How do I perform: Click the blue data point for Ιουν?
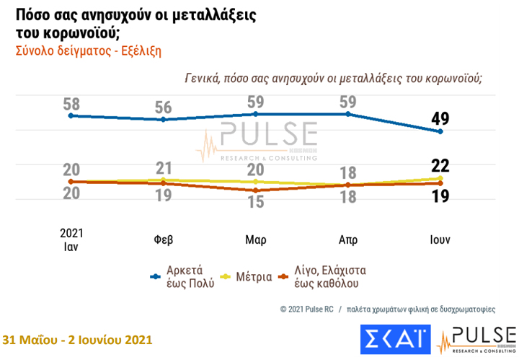(x=440, y=131)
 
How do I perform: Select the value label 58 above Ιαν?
(x=71, y=105)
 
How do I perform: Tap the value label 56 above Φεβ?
(x=163, y=108)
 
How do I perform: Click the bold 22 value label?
(x=440, y=166)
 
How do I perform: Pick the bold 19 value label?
(x=440, y=195)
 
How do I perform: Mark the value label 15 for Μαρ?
(x=256, y=202)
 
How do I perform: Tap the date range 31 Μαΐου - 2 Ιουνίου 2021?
(x=78, y=339)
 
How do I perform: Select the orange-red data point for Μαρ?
(x=256, y=190)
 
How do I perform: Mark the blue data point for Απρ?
(x=348, y=114)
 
